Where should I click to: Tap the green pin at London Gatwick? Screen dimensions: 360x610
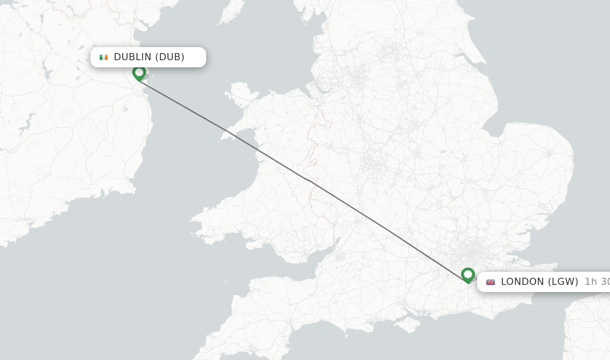(468, 275)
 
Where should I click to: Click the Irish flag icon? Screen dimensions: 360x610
(104, 57)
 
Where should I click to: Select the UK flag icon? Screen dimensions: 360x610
(490, 282)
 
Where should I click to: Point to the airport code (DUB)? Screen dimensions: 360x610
(170, 57)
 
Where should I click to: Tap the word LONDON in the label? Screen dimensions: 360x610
(522, 282)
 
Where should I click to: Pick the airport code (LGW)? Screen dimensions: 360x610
(562, 282)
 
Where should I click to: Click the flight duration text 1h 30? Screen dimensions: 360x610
(596, 282)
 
